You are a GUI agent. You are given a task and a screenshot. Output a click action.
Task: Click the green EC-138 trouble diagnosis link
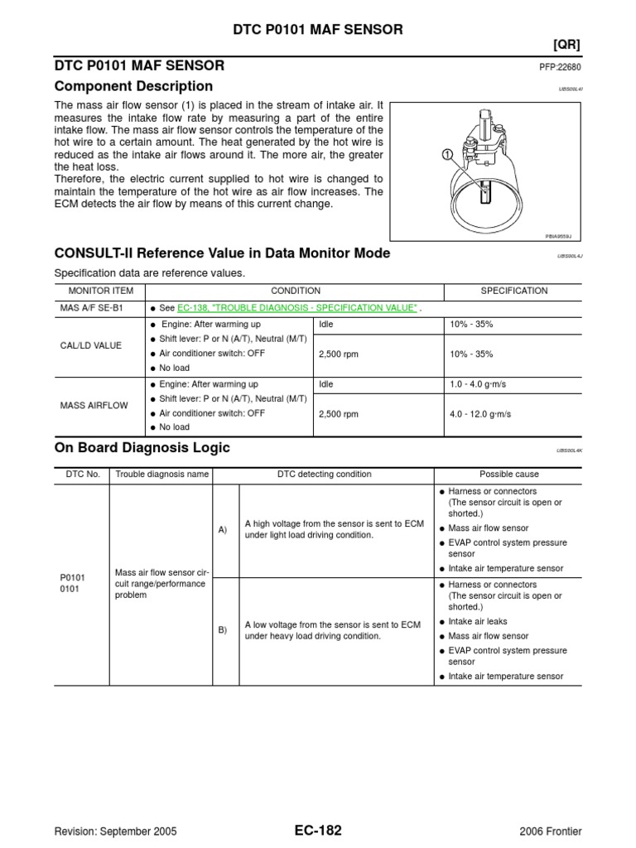pyautogui.click(x=297, y=307)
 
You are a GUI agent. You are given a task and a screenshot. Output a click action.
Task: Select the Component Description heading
pyautogui.click(x=133, y=87)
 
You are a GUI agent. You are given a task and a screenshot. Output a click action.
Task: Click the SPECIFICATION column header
pyautogui.click(x=514, y=291)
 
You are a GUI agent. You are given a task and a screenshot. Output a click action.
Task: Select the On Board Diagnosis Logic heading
pyautogui.click(x=142, y=448)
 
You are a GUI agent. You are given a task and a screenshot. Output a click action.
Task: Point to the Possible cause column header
pyautogui.click(x=509, y=475)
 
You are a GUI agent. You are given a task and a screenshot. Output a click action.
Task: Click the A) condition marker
pyautogui.click(x=223, y=530)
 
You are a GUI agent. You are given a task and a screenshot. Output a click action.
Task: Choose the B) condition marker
pyautogui.click(x=223, y=630)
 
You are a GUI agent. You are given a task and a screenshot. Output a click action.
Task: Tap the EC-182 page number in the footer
pyautogui.click(x=318, y=831)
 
